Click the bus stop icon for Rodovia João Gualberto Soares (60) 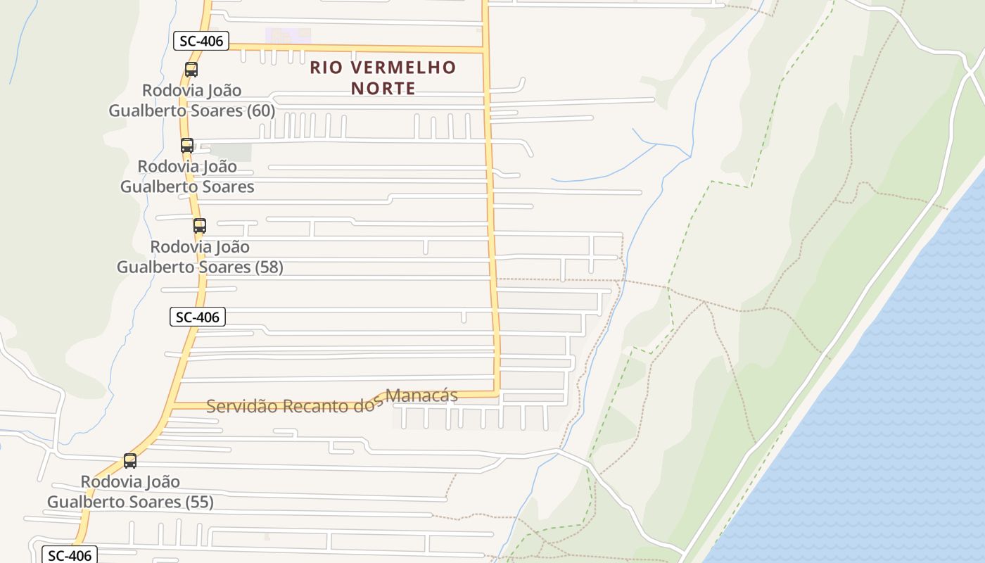tap(191, 70)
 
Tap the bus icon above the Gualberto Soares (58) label tap(200, 226)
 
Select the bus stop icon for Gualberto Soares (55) tap(130, 461)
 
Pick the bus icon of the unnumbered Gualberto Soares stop tap(187, 146)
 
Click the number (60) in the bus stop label tap(260, 110)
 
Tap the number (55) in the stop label tap(199, 502)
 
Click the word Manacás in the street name tap(422, 396)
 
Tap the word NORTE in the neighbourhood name tap(383, 89)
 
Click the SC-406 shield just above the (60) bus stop tap(201, 41)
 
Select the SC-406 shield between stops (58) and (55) tap(198, 317)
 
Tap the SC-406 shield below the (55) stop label tap(69, 555)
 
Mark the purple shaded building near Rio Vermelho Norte tap(288, 35)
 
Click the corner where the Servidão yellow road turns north tap(497, 393)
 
